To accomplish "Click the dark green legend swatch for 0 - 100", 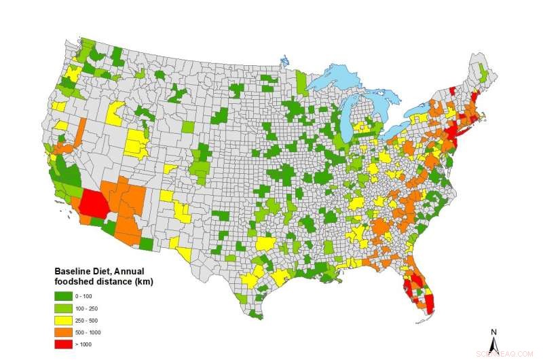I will [64, 296].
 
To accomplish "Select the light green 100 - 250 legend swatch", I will [64, 308].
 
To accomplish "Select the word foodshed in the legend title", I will [73, 281].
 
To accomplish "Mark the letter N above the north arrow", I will [494, 331].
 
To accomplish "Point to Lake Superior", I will [339, 75].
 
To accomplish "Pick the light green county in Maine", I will [484, 70].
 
